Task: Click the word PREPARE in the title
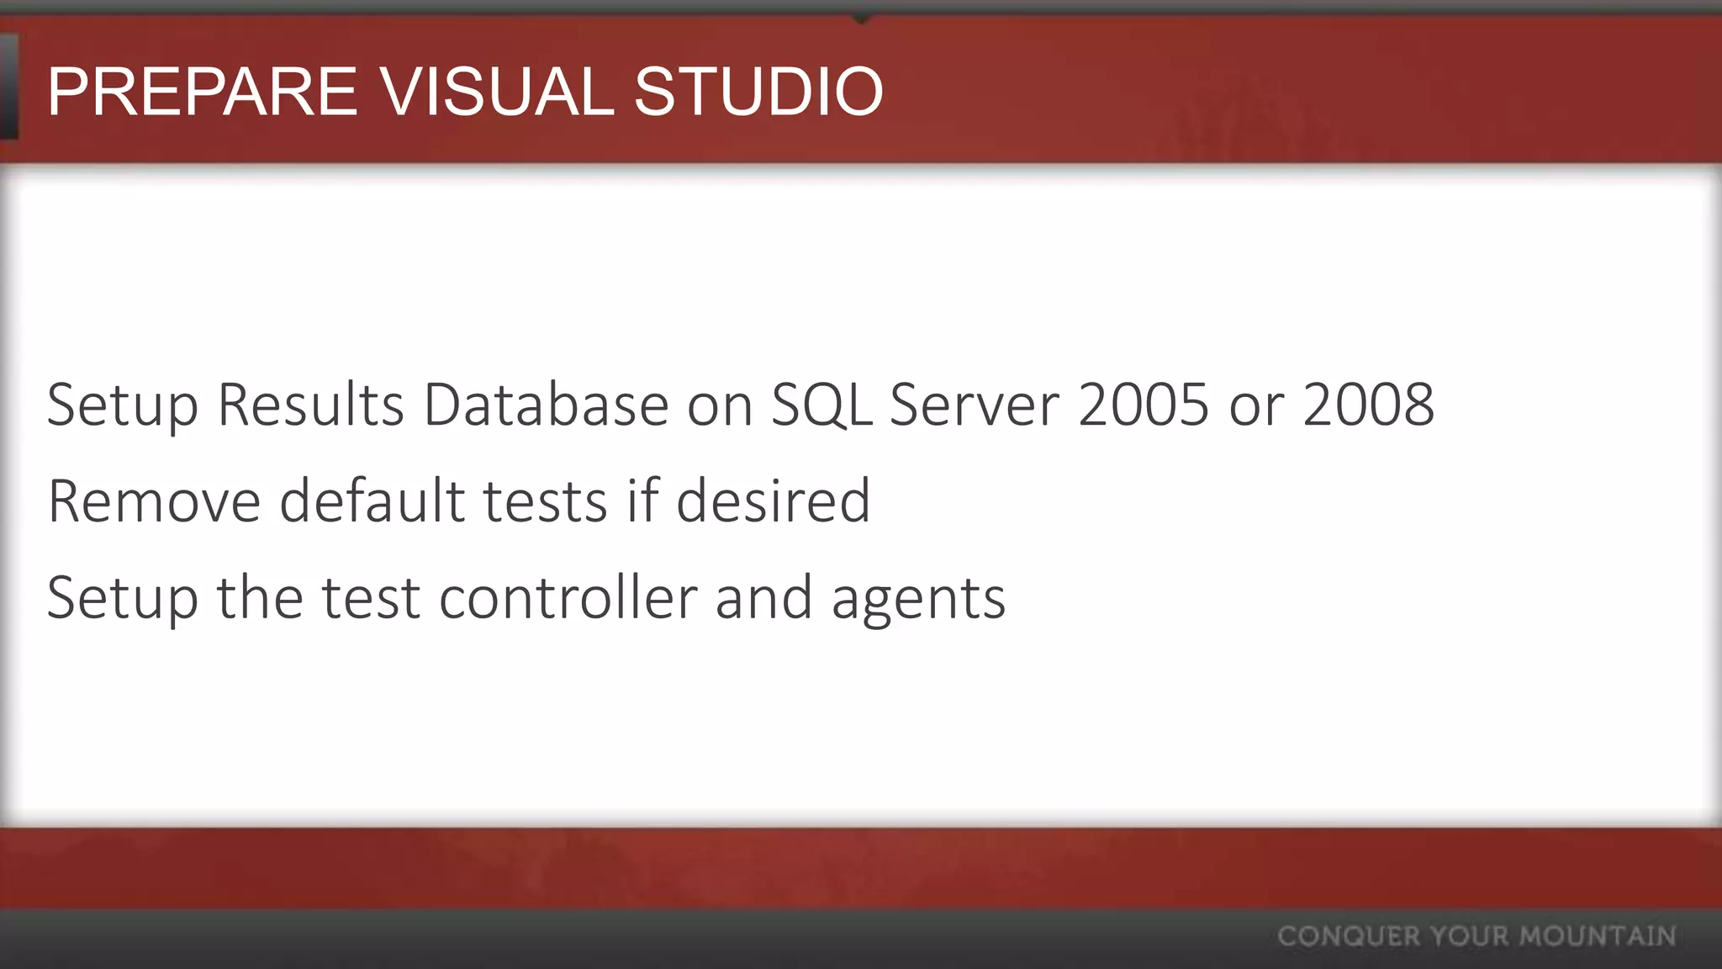[x=203, y=92]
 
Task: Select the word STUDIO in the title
[x=758, y=92]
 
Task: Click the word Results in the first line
[x=311, y=405]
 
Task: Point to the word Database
[x=546, y=405]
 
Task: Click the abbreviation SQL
[x=821, y=405]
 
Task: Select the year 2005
[x=1144, y=405]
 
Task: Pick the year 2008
[x=1368, y=405]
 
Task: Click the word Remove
[x=154, y=502]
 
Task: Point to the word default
[x=372, y=502]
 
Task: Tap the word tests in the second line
[x=545, y=502]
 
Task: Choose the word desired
[x=773, y=502]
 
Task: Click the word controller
[x=568, y=599]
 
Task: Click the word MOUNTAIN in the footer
[x=1598, y=936]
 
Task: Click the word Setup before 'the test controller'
[x=122, y=599]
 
